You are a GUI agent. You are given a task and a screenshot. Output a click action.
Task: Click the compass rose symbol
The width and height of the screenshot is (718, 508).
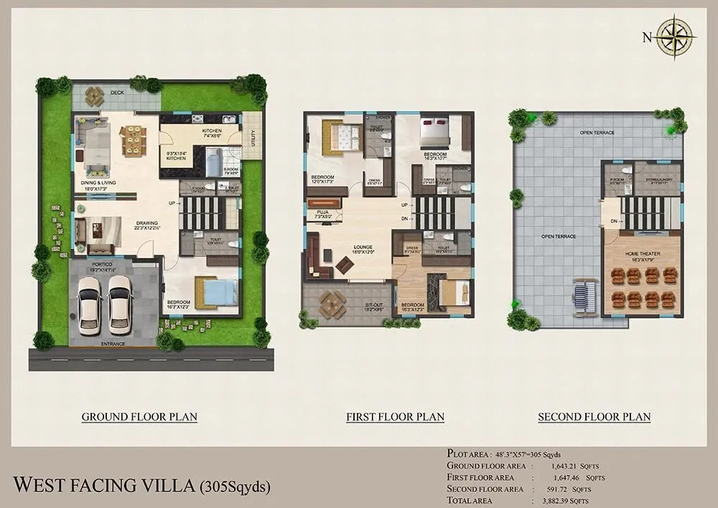tap(677, 35)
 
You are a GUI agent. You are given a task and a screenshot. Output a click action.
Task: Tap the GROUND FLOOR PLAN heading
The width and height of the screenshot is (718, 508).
tap(139, 417)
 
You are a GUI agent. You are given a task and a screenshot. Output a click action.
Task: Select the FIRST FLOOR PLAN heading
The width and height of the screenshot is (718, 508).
tap(395, 417)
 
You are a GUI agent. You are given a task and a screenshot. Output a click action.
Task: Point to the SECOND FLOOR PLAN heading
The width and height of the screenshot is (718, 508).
tap(595, 417)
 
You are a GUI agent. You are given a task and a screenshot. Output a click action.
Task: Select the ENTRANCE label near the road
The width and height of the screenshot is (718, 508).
tap(113, 344)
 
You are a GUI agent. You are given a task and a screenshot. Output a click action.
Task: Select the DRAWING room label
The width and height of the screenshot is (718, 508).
tap(146, 223)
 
